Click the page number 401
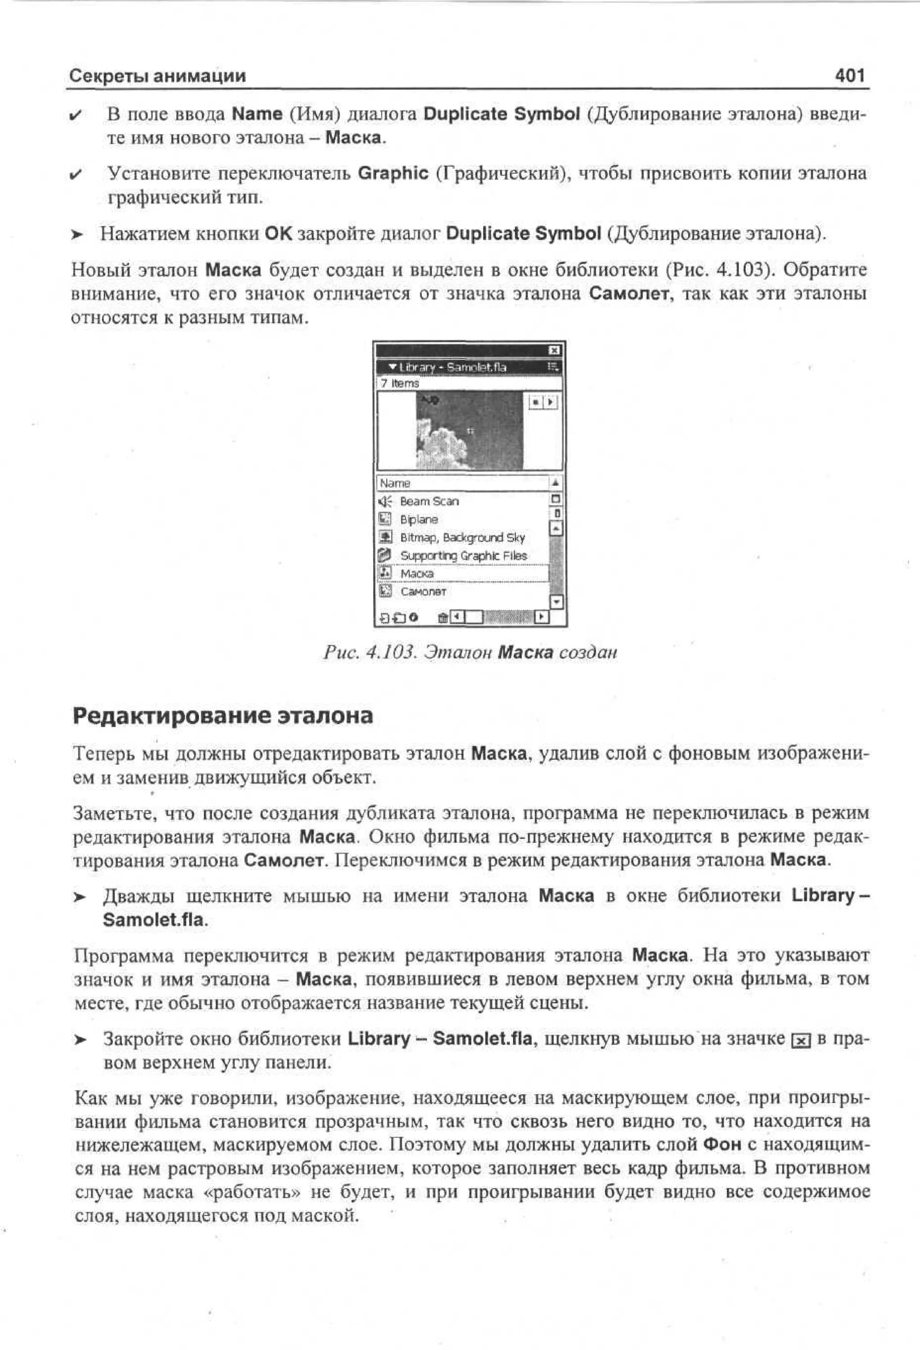pyautogui.click(x=849, y=75)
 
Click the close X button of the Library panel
pyautogui.click(x=554, y=350)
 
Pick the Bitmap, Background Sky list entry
pyautogui.click(x=462, y=537)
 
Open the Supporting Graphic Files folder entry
pyautogui.click(x=463, y=555)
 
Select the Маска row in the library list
pyautogui.click(x=417, y=573)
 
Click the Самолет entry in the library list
pyautogui.click(x=423, y=591)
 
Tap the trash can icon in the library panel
pyautogui.click(x=442, y=617)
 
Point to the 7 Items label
pyautogui.click(x=400, y=383)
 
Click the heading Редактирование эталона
pyautogui.click(x=223, y=715)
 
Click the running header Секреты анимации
pyautogui.click(x=158, y=75)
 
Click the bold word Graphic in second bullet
pyautogui.click(x=393, y=173)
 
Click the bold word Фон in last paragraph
pyautogui.click(x=721, y=1144)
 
